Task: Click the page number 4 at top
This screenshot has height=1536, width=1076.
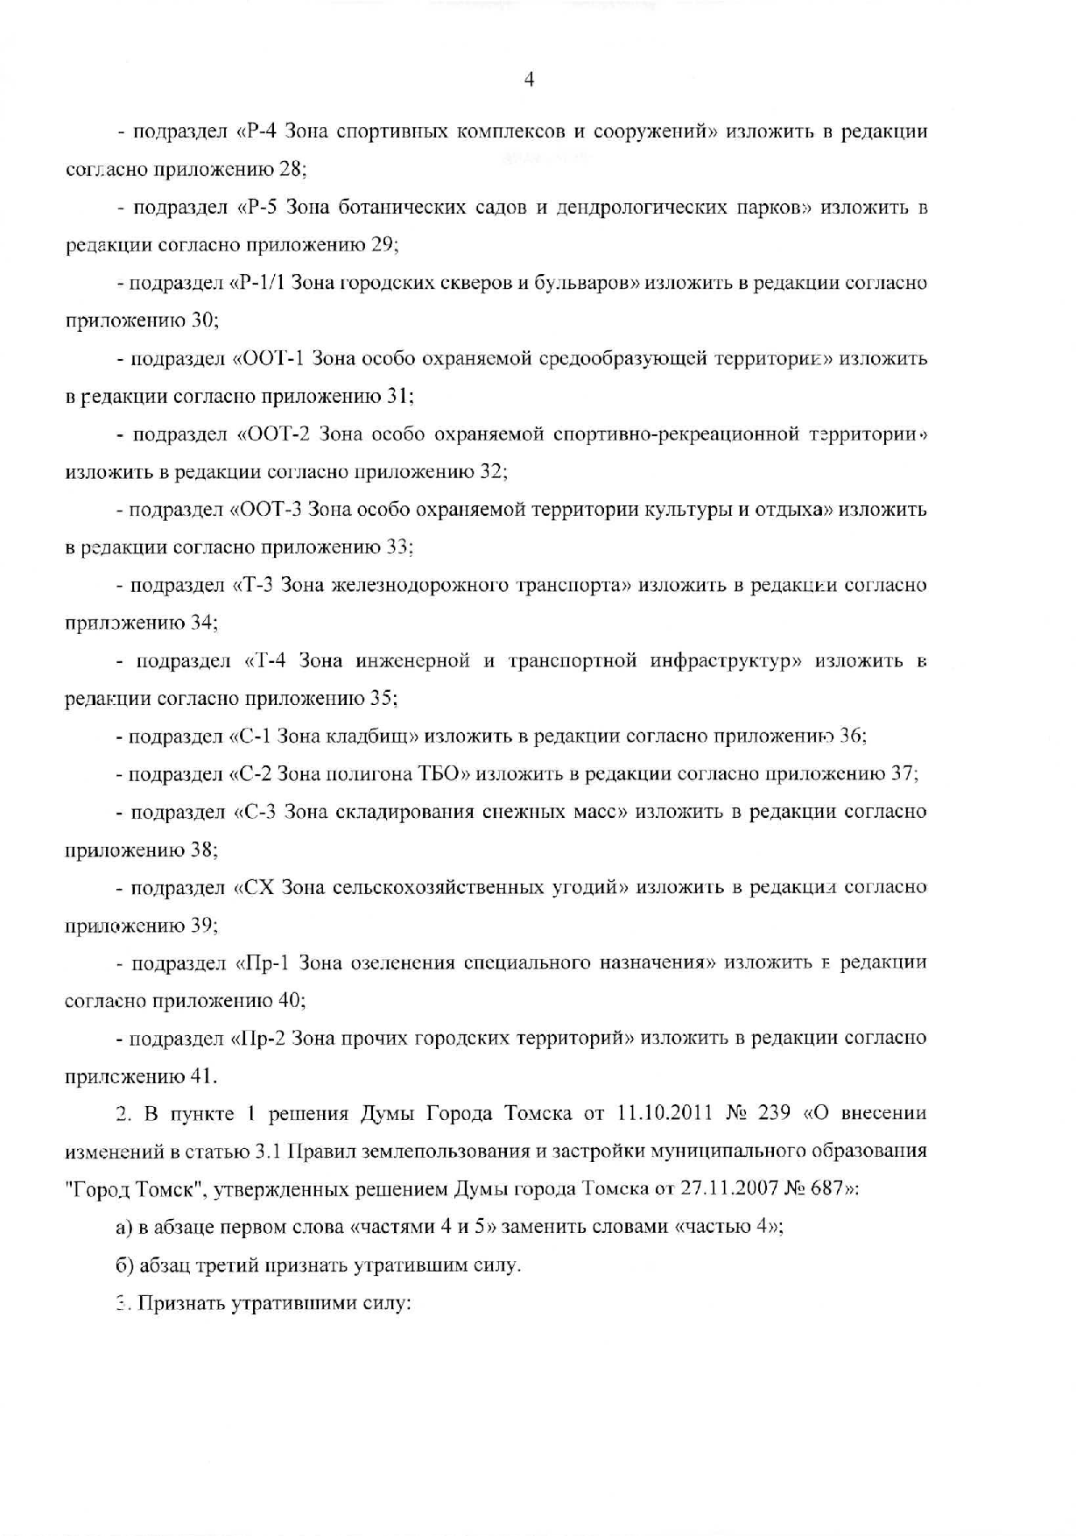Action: click(x=529, y=80)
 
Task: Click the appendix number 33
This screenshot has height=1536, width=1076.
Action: click(x=399, y=547)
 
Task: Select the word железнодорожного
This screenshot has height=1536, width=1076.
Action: click(x=411, y=585)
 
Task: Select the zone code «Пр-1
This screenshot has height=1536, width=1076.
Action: click(x=262, y=963)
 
